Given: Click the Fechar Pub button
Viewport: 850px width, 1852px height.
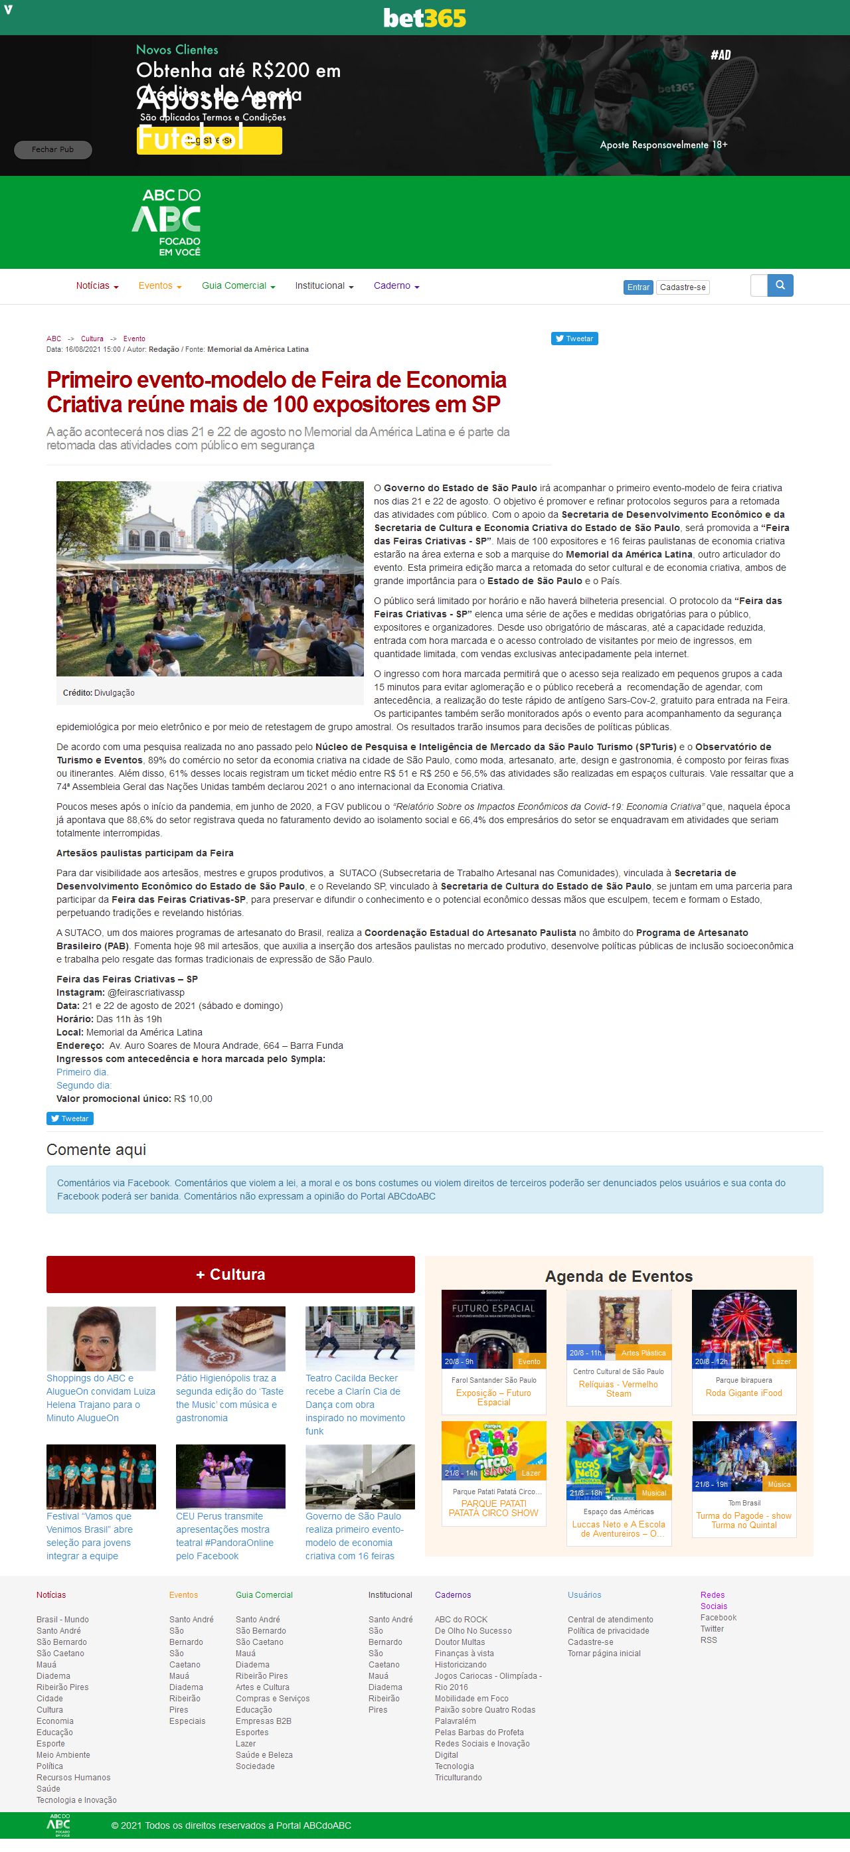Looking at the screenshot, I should [x=52, y=149].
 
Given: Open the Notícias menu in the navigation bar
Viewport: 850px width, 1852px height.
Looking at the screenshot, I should [x=97, y=286].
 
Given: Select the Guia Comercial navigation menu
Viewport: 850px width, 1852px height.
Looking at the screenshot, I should [x=238, y=286].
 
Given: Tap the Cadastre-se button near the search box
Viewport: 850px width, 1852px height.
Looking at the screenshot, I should [x=683, y=287].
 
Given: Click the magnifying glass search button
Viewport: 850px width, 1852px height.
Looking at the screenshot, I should [x=780, y=285].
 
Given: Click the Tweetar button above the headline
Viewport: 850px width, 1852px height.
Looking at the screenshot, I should [x=574, y=339].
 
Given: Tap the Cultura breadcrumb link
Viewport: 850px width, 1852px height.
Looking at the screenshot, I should [x=92, y=339].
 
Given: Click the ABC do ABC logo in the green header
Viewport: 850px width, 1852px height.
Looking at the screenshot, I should [x=167, y=222].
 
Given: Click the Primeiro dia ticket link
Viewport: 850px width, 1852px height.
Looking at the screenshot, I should [x=82, y=1072].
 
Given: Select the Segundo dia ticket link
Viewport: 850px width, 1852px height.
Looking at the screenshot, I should [x=84, y=1085].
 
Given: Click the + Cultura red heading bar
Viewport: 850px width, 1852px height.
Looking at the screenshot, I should [x=230, y=1274].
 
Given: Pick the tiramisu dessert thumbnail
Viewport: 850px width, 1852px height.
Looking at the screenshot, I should [x=230, y=1338].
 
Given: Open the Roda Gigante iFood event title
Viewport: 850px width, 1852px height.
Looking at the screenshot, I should [x=744, y=1393].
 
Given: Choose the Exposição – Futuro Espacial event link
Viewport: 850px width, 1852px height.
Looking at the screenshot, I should [x=493, y=1397].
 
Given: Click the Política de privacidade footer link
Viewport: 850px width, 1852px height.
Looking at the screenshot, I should [x=608, y=1630].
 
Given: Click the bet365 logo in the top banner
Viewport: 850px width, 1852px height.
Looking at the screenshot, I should [x=424, y=18].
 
